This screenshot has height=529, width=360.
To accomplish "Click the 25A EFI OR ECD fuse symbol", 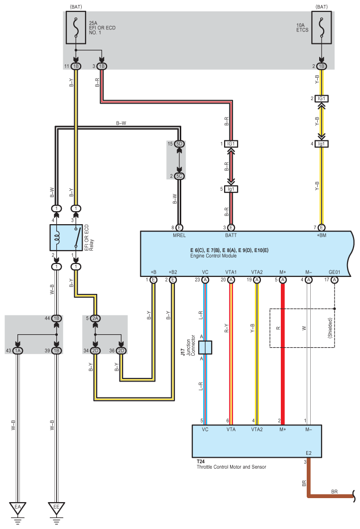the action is click(76, 28).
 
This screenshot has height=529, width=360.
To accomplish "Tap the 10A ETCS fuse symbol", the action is click(321, 28).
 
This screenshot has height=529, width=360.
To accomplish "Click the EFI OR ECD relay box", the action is click(66, 238).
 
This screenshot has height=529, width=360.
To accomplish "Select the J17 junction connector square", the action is click(205, 348).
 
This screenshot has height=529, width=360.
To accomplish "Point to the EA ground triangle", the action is click(18, 508).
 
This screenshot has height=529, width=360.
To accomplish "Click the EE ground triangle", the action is click(56, 508).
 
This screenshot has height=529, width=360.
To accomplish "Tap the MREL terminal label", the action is click(179, 235).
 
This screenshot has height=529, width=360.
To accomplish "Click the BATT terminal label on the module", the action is click(231, 235).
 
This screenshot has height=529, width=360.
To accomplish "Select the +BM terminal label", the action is click(322, 235).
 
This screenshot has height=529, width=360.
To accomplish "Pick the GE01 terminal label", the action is click(335, 272).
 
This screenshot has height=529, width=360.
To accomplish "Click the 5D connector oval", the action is click(179, 144).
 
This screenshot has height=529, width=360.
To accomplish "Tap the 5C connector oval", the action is click(179, 176).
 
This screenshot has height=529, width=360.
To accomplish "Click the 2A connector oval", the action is click(95, 318).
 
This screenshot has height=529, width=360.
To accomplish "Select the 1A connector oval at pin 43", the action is click(18, 351).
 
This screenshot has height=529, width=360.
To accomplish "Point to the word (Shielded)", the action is click(330, 328).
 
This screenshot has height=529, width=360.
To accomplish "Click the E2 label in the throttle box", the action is click(308, 453).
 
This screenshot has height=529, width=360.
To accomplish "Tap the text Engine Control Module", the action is click(214, 256).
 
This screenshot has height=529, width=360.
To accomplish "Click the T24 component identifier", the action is click(201, 461).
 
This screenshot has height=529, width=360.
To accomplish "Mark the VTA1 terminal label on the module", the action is click(231, 272).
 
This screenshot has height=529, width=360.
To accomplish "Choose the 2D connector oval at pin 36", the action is click(121, 351).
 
